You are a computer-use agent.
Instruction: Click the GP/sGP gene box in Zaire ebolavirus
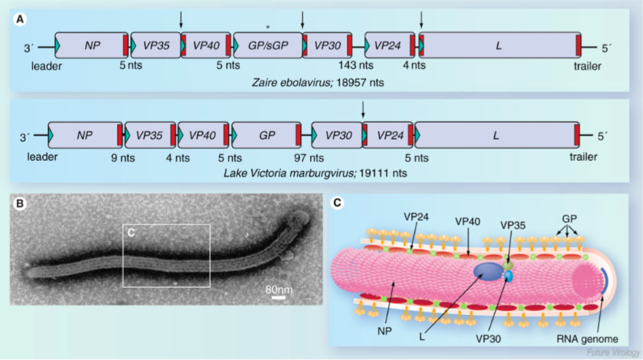[267, 46]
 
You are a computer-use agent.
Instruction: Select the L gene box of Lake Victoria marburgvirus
[496, 135]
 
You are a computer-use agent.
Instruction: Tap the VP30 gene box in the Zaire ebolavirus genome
[329, 46]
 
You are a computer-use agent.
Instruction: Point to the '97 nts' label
[310, 157]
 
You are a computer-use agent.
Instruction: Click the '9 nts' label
[123, 157]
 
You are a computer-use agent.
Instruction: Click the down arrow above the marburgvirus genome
[362, 108]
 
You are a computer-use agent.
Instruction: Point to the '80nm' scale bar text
[279, 289]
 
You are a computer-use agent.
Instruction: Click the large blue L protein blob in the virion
[488, 272]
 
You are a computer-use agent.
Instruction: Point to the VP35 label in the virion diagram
[513, 224]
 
